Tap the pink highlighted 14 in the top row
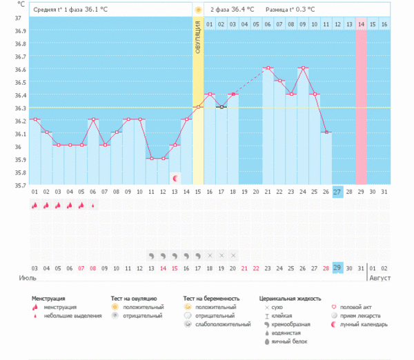[361, 25]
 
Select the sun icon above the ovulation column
[198, 10]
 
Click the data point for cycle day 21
[267, 68]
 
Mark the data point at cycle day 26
[326, 132]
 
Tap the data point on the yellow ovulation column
[198, 107]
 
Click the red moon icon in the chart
[175, 178]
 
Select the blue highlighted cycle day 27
[337, 191]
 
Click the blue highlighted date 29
[337, 268]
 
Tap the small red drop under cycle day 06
[93, 205]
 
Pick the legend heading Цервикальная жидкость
[290, 298]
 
